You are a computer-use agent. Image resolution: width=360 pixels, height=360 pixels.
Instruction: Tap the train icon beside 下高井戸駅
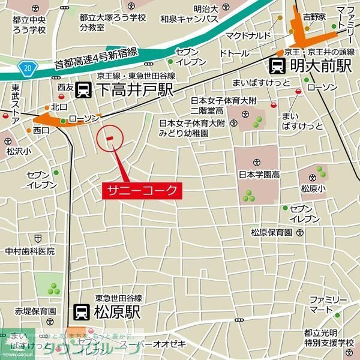click(x=85, y=91)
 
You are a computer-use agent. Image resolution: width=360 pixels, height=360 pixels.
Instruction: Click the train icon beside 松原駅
click(x=81, y=311)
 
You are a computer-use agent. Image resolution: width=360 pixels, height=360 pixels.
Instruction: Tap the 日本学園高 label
click(x=260, y=175)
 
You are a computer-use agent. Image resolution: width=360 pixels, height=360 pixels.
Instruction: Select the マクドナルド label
click(x=247, y=35)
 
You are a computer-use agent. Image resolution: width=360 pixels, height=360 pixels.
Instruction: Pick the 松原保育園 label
click(x=271, y=233)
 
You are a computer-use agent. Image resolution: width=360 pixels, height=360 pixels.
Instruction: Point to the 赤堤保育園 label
click(x=36, y=311)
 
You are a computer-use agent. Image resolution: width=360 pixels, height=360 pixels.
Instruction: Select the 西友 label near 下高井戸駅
click(x=65, y=88)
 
